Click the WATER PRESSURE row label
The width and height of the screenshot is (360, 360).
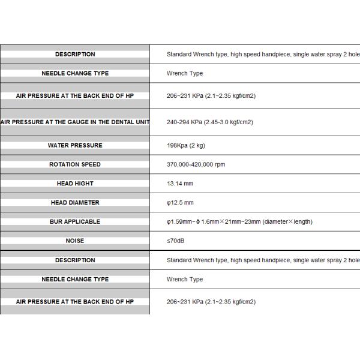tap(75, 145)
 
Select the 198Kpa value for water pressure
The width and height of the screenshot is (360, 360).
tap(178, 145)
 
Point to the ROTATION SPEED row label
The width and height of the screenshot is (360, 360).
tap(75, 164)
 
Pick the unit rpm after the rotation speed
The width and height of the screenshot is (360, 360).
tap(220, 164)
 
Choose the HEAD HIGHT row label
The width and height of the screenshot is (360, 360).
tap(75, 184)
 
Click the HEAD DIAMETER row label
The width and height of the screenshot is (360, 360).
tap(75, 203)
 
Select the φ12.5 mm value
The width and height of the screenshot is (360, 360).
tap(180, 203)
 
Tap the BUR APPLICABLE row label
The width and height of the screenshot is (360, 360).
tap(75, 222)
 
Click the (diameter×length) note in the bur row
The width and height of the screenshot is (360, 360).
tap(288, 222)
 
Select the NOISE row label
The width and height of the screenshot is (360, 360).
tap(75, 241)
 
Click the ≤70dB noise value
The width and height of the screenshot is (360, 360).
tap(176, 241)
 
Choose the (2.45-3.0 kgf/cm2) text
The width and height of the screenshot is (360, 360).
tap(230, 122)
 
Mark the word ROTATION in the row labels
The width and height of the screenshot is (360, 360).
tap(64, 164)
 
